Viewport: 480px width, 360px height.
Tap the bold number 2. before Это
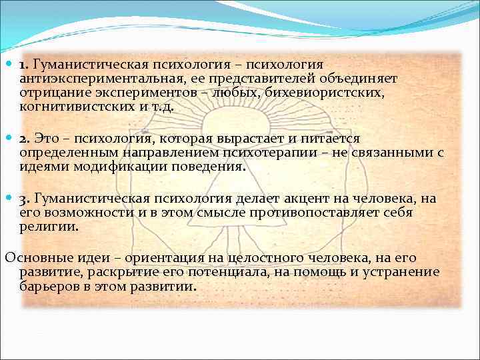click(25, 138)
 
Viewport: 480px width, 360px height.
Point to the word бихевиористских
click(325, 92)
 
